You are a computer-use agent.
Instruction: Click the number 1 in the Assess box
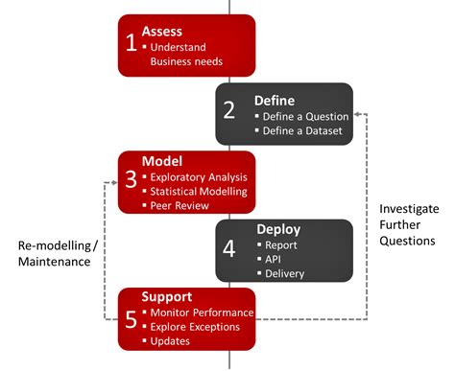pos(131,42)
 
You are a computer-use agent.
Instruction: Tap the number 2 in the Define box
pos(229,108)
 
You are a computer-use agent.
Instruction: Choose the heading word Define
pos(274,100)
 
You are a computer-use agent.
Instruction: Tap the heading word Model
pos(160,161)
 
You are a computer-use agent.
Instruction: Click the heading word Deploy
pos(277,229)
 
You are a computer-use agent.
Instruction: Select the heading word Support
pos(168,297)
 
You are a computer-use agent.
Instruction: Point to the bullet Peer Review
pos(178,206)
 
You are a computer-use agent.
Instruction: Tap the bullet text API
pos(275,259)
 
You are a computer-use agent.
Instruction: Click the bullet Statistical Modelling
pos(198,192)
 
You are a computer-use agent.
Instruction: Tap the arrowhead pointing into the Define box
pos(358,115)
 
